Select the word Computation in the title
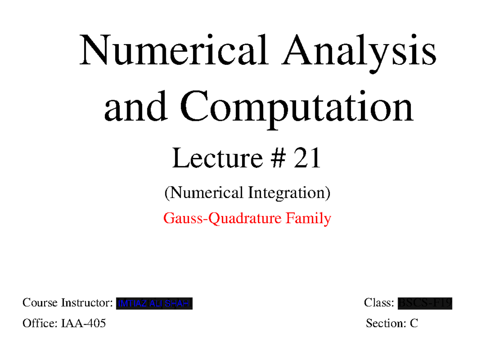point(297,106)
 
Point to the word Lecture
point(217,159)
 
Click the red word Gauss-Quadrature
point(220,218)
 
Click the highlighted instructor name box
point(155,304)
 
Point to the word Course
point(40,304)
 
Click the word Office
point(40,323)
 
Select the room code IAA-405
point(83,323)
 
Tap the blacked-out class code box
point(425,304)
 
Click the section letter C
point(414,323)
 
